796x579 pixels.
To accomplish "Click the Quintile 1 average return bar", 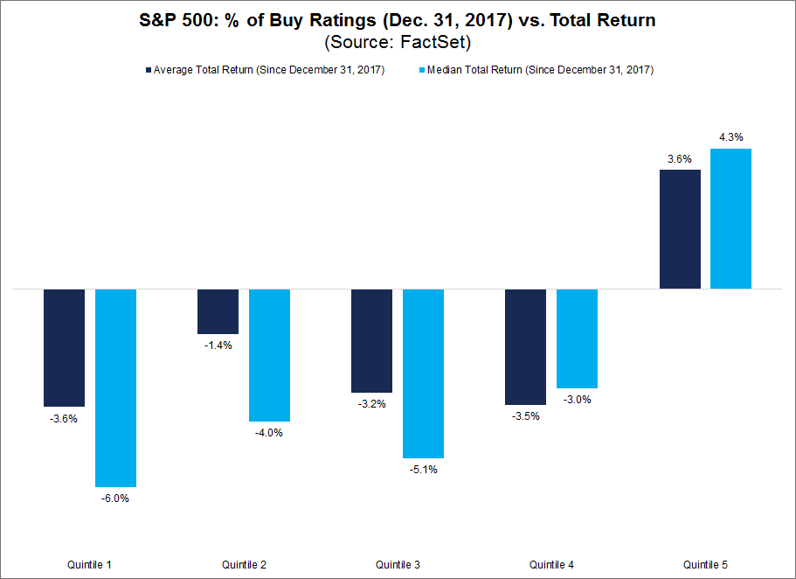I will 64,347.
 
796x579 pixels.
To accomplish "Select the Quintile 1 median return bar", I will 115,387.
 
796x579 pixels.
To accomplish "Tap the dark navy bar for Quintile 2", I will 218,311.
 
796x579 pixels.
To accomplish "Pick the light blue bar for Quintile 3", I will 423,373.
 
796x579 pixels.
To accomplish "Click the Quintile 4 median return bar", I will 577,338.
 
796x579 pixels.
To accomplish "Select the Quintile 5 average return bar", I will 680,229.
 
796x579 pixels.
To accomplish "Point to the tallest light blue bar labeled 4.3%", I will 730,219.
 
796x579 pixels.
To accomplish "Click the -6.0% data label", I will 115,499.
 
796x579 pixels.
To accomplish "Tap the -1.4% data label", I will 218,345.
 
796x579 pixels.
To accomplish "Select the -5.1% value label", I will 423,470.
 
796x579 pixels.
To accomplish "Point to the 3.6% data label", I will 680,158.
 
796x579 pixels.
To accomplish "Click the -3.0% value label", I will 577,400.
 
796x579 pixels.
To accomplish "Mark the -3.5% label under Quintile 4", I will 526,416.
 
